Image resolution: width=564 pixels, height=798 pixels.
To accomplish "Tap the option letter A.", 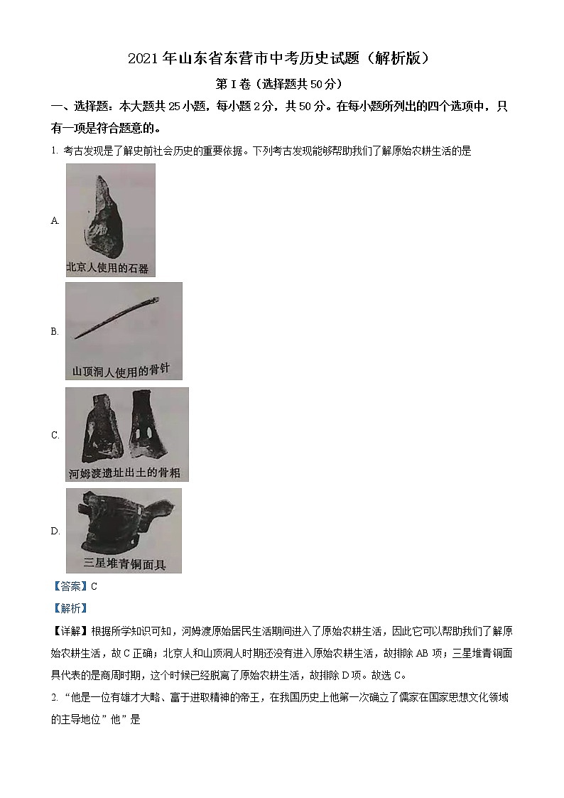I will tap(55, 220).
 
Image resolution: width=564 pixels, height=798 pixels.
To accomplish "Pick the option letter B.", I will tap(55, 331).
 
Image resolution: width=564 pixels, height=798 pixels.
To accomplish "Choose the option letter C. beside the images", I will tap(55, 435).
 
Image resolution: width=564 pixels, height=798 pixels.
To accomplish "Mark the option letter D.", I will tap(55, 531).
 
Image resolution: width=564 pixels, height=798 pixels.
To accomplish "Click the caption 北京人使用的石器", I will tap(108, 268).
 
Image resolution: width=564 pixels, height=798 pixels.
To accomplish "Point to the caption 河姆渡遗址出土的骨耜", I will tap(126, 473).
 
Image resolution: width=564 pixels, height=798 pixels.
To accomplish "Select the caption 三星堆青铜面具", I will tap(124, 564).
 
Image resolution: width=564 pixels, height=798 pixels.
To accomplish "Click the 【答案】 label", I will tap(70, 586).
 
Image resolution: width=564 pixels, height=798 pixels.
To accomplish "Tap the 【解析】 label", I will tap(70, 608).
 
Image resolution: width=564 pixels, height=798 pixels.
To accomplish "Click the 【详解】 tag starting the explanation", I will tap(70, 630).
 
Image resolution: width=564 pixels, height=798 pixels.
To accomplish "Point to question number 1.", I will tap(54, 151).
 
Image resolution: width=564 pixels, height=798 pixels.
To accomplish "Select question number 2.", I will tap(54, 698).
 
